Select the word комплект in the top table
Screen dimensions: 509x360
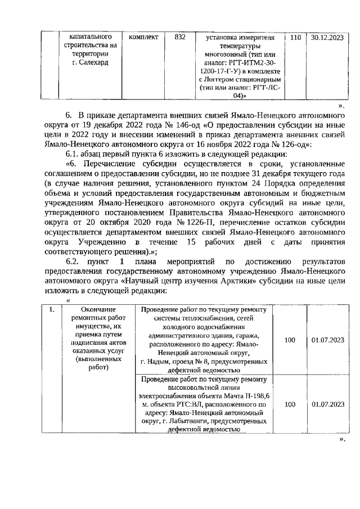click(x=143, y=37)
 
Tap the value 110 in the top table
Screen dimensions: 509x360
click(x=295, y=37)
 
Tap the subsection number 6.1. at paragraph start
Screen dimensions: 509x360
click(x=74, y=154)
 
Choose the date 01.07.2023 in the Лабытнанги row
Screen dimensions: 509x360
click(x=327, y=404)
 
